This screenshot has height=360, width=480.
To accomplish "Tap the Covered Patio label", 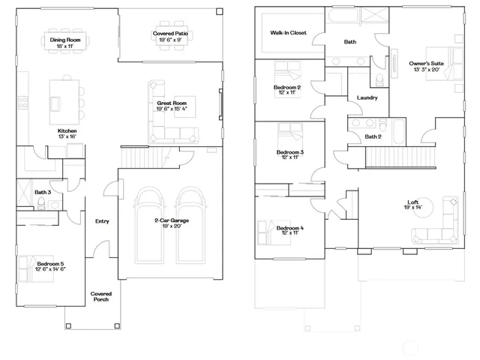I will [170, 34].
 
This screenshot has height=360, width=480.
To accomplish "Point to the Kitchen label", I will [68, 130].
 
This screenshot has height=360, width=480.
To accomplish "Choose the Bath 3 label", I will [43, 193].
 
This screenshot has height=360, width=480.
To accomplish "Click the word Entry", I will [102, 221].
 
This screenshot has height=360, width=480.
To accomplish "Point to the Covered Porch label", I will [100, 296].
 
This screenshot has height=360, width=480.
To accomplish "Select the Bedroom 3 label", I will [289, 152].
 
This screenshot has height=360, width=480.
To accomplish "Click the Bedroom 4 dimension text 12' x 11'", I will [289, 233].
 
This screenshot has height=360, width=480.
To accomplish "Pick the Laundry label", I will [367, 97].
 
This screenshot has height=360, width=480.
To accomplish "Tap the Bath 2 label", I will [373, 136].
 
